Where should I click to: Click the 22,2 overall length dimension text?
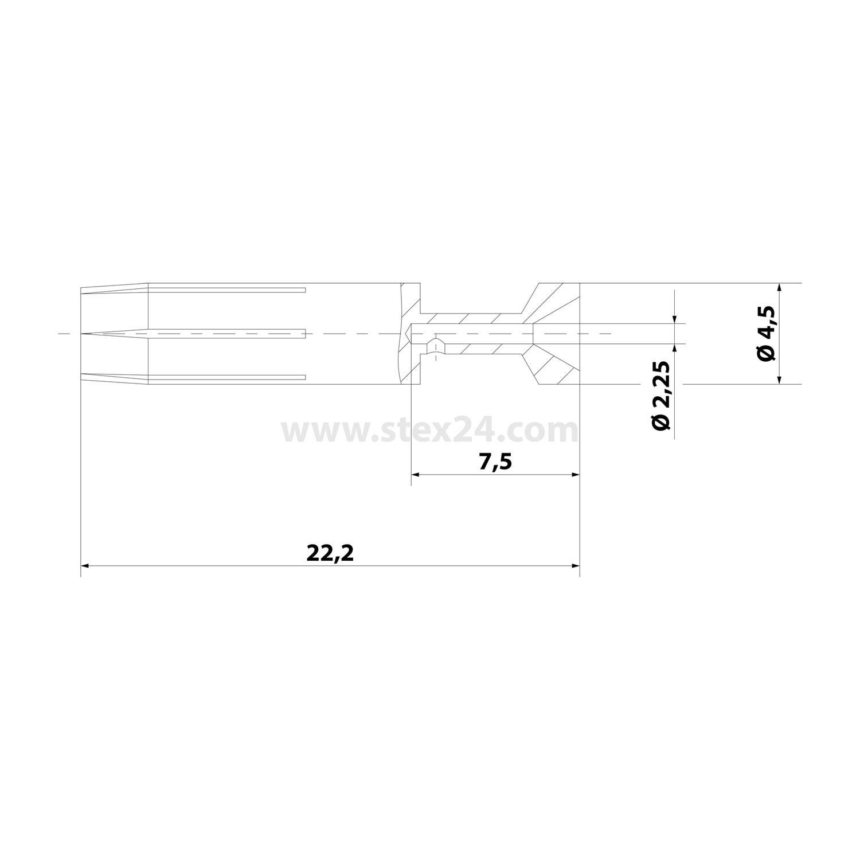pyautogui.click(x=330, y=553)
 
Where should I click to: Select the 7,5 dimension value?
pyautogui.click(x=494, y=462)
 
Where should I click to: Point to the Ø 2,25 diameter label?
pyautogui.click(x=660, y=396)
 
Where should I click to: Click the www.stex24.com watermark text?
pyautogui.click(x=429, y=430)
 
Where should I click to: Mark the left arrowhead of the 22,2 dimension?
pyautogui.click(x=85, y=566)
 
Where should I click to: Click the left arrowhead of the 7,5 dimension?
pyautogui.click(x=416, y=475)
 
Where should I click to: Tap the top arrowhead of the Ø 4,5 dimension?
pyautogui.click(x=779, y=287)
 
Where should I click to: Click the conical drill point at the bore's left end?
pyautogui.click(x=409, y=333)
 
